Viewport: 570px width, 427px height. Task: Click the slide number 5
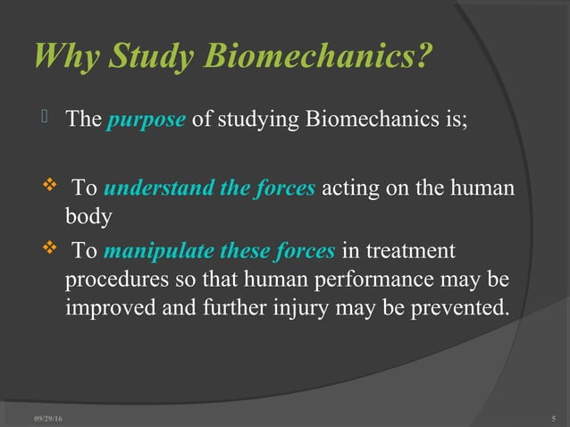555,417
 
